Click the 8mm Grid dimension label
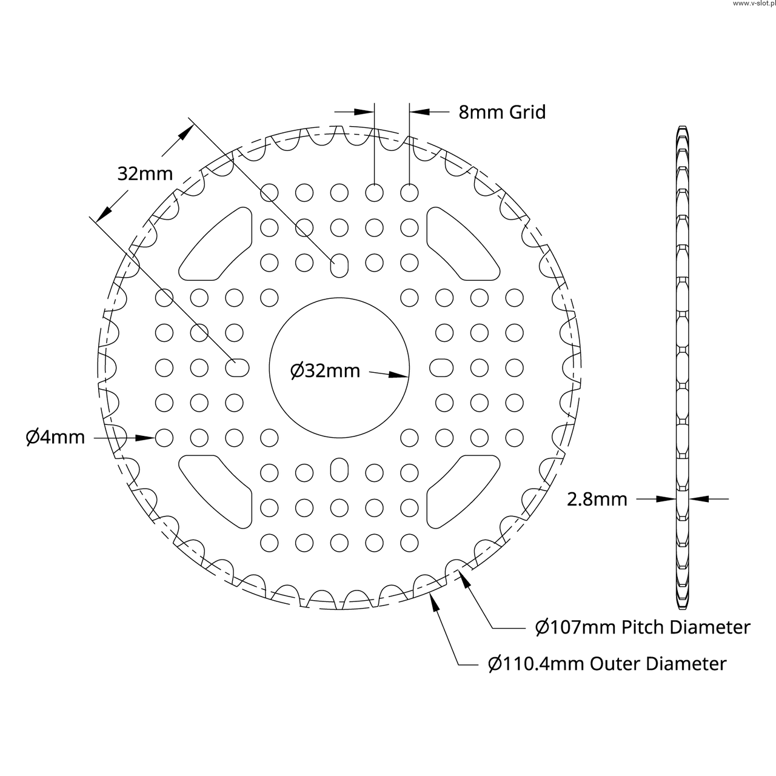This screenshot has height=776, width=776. pyautogui.click(x=502, y=112)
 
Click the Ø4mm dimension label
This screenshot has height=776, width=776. pyautogui.click(x=55, y=437)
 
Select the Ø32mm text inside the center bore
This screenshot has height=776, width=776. pyautogui.click(x=325, y=371)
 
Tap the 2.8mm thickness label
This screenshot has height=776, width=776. pyautogui.click(x=597, y=500)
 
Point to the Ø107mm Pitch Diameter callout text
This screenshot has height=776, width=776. pyautogui.click(x=643, y=627)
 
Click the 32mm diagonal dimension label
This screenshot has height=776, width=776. pyautogui.click(x=145, y=174)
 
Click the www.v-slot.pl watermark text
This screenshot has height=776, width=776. pyautogui.click(x=754, y=4)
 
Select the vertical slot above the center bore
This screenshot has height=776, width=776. pyautogui.click(x=339, y=266)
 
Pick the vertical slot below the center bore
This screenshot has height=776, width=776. pyautogui.click(x=339, y=470)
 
